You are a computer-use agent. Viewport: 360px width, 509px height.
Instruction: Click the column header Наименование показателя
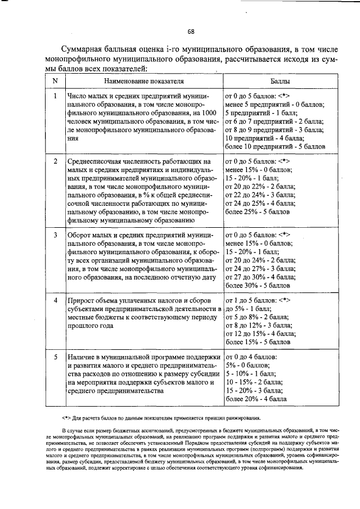coord(144,81)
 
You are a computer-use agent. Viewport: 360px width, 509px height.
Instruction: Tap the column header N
coord(55,81)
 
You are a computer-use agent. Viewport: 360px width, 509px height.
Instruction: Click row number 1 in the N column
coord(55,96)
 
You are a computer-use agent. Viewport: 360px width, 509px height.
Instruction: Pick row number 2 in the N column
coord(55,161)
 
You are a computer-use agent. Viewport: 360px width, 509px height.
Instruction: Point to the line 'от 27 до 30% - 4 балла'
coord(260,277)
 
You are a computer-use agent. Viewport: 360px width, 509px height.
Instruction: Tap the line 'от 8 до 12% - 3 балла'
coord(258,325)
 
